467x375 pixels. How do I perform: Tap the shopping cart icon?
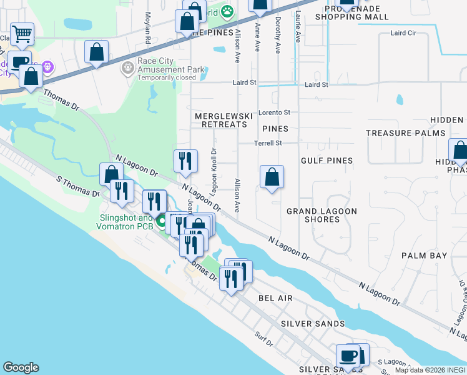tap(22, 35)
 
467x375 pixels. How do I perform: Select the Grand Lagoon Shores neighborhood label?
tap(322, 215)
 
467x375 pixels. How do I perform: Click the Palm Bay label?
tap(425, 256)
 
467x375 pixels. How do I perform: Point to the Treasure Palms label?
tap(405, 133)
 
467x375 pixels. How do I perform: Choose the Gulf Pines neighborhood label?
tap(327, 161)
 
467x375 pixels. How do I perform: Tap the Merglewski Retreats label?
tap(221, 120)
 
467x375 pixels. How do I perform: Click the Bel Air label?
tap(275, 299)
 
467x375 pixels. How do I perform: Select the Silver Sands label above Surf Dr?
tap(313, 324)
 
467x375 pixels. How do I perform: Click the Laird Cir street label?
tap(403, 33)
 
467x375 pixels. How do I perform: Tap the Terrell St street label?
tap(268, 143)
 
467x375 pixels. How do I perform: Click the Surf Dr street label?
tap(264, 343)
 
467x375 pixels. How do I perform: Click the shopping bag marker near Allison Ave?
tap(272, 177)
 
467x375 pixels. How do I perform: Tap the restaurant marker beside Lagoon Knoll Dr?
tap(185, 161)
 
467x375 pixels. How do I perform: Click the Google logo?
tap(21, 367)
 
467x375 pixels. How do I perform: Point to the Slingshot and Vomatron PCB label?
tap(125, 221)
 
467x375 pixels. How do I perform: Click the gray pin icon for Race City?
tap(129, 67)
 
